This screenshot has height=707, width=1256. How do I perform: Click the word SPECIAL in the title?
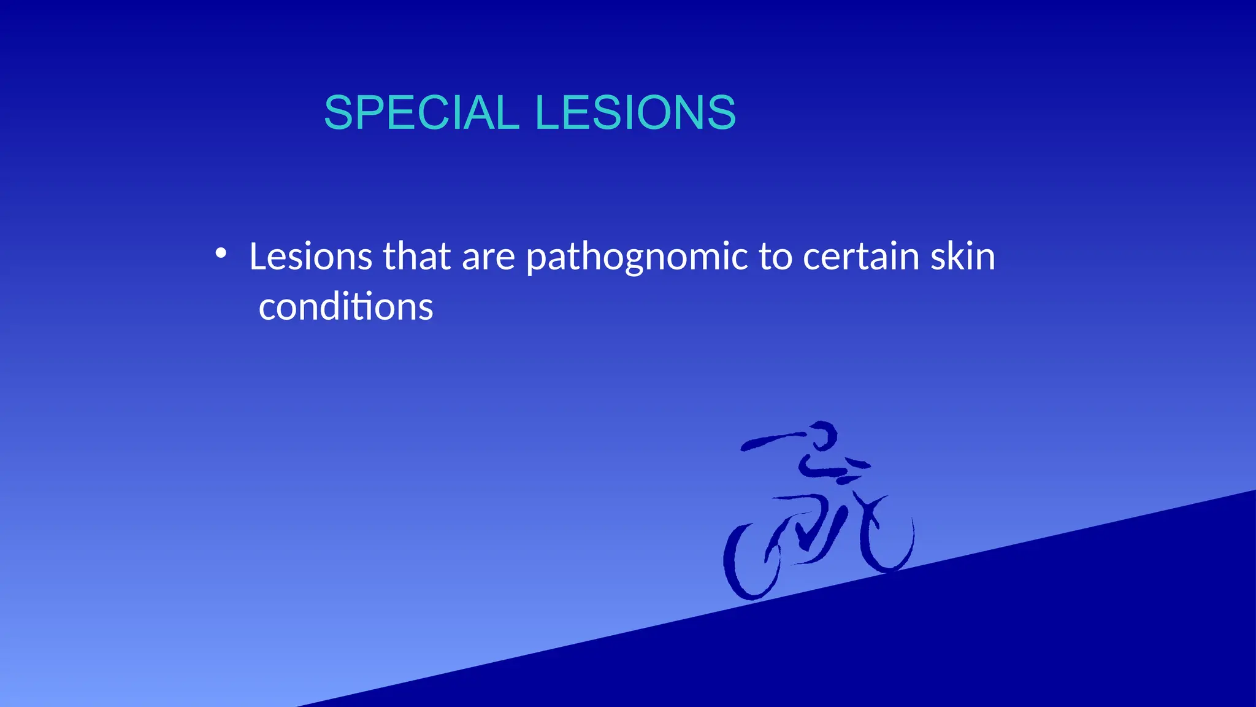(x=421, y=113)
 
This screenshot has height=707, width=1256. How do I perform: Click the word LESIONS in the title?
(x=635, y=113)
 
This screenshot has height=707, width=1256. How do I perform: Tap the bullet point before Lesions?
(x=221, y=253)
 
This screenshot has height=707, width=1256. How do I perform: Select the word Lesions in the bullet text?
(x=310, y=256)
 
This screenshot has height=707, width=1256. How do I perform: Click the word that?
(x=417, y=256)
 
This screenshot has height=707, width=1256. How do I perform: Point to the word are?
(x=488, y=256)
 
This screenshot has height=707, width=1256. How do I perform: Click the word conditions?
(x=346, y=306)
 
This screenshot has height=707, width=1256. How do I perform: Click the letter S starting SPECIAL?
(x=340, y=113)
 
